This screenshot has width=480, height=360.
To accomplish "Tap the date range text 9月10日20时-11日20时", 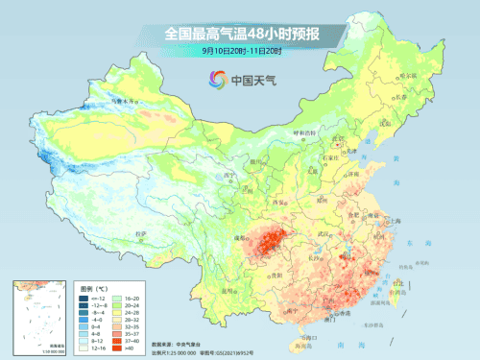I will tap(240, 50).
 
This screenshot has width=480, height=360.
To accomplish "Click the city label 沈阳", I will tap(386, 123).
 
